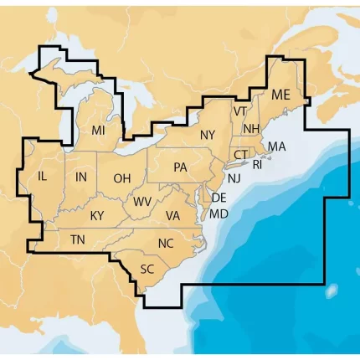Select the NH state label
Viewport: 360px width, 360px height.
pos(251,128)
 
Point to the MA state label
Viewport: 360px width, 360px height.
pos(276,147)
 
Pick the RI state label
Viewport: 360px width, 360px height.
pos(257,165)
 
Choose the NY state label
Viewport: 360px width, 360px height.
pos(208,135)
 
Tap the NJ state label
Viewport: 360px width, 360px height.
pos(234,178)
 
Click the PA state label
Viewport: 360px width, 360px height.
pos(180,167)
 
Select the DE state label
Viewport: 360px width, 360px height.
pos(219,198)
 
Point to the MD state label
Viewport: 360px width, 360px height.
pos(219,214)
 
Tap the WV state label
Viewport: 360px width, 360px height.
pos(142,202)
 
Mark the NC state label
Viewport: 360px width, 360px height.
pos(167,244)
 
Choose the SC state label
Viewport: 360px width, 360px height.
pos(147,269)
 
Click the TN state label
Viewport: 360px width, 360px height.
pos(78,240)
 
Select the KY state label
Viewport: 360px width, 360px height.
pos(97,216)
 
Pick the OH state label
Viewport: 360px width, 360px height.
pos(122,178)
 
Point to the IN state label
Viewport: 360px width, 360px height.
pos(80,177)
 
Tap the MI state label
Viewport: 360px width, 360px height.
pos(99,131)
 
